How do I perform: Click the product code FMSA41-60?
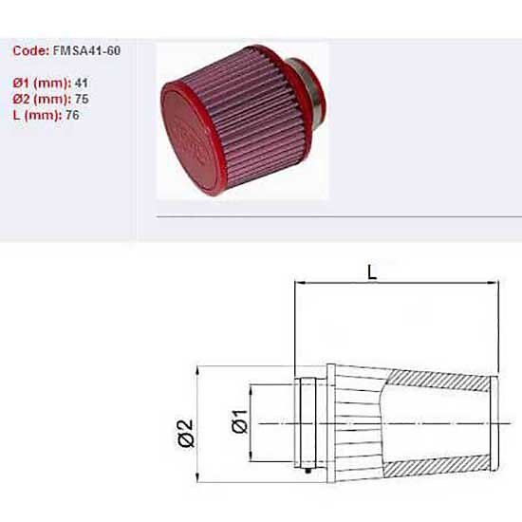[x=86, y=50]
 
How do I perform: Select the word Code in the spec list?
[x=31, y=50]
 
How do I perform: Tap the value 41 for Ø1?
[x=82, y=83]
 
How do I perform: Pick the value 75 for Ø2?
[x=82, y=99]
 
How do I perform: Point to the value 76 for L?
[x=72, y=115]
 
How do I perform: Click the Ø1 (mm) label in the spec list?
[x=42, y=84]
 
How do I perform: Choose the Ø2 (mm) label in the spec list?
[x=42, y=100]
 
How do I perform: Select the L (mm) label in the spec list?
[x=37, y=116]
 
